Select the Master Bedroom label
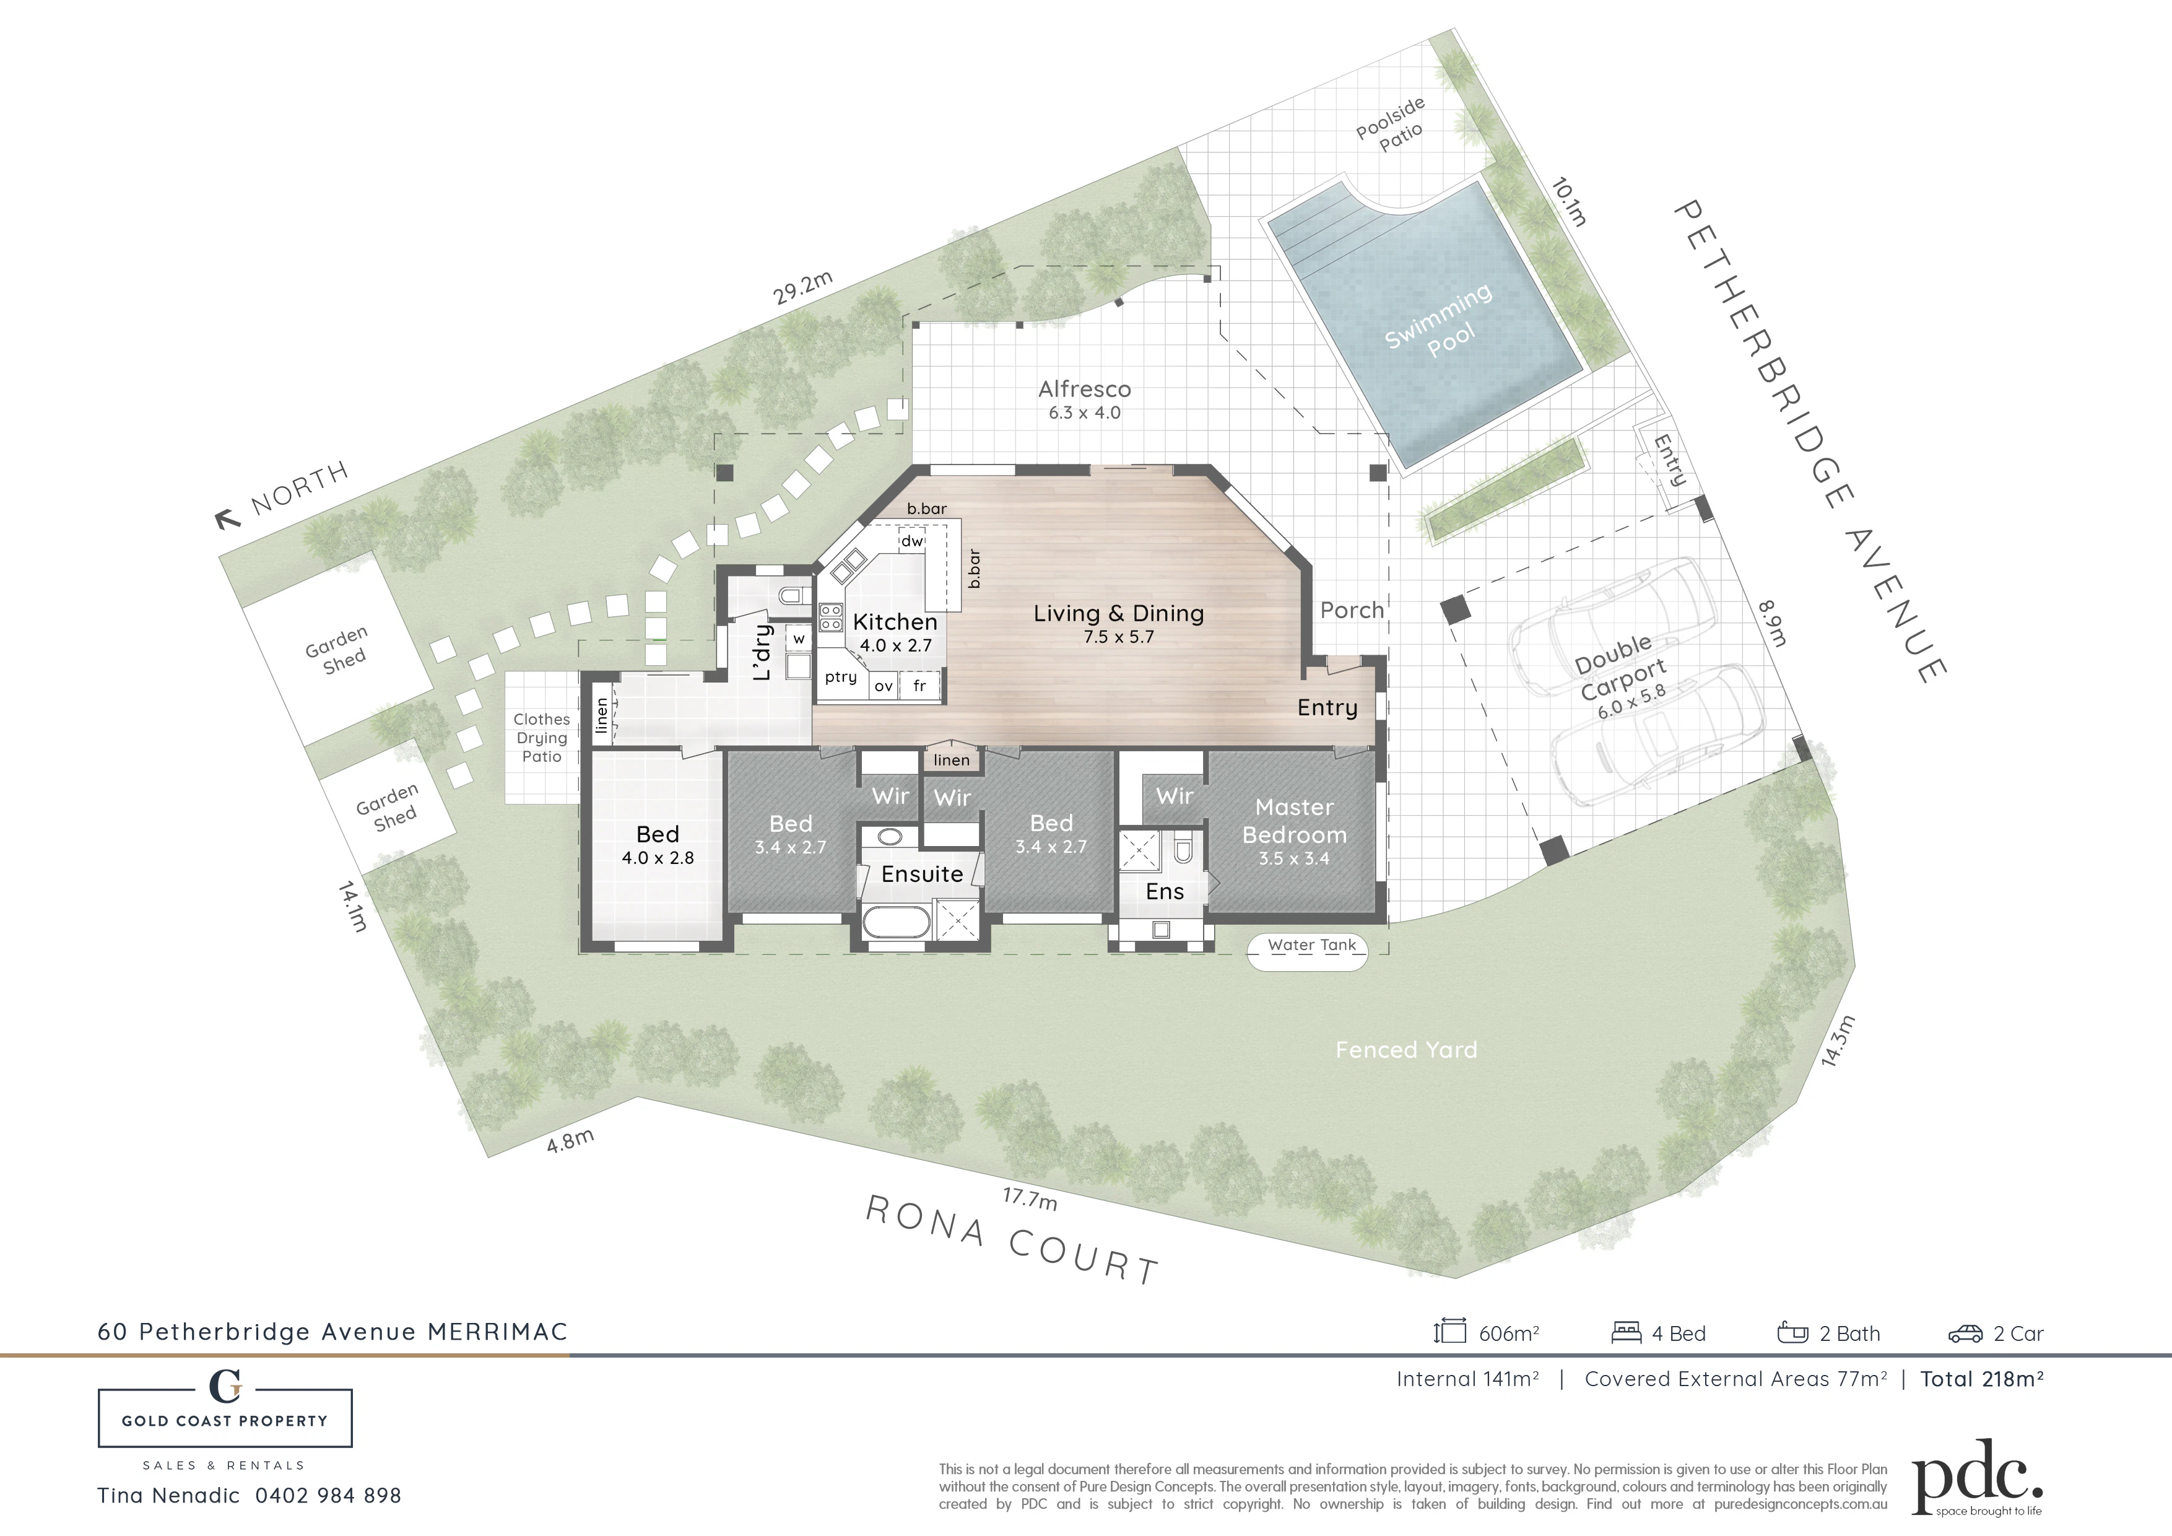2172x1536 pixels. point(1294,821)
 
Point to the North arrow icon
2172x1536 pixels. point(227,518)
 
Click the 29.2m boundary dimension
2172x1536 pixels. point(802,288)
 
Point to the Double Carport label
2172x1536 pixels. point(1620,667)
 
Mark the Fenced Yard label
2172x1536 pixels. point(1405,1050)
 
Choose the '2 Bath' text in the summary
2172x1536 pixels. point(1849,1333)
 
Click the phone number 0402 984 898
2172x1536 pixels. point(328,1495)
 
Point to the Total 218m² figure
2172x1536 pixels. point(1982,1379)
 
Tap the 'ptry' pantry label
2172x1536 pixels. point(840,677)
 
